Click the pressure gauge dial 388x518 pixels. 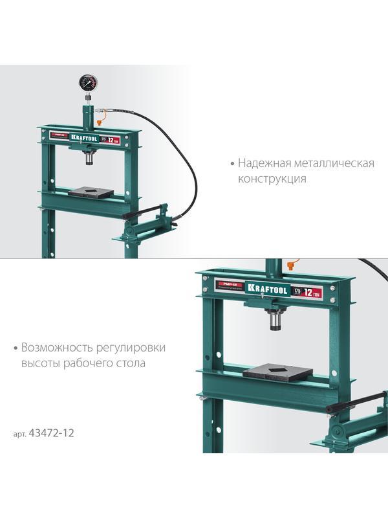pos(89,83)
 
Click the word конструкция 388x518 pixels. pos(272,179)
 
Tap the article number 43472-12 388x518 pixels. pos(51,433)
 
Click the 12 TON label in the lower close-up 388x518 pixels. pos(315,292)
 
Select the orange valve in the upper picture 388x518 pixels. pos(100,119)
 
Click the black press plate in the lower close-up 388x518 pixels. pos(277,373)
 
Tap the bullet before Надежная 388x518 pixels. pos(232,164)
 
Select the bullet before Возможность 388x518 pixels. pos(15,348)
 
